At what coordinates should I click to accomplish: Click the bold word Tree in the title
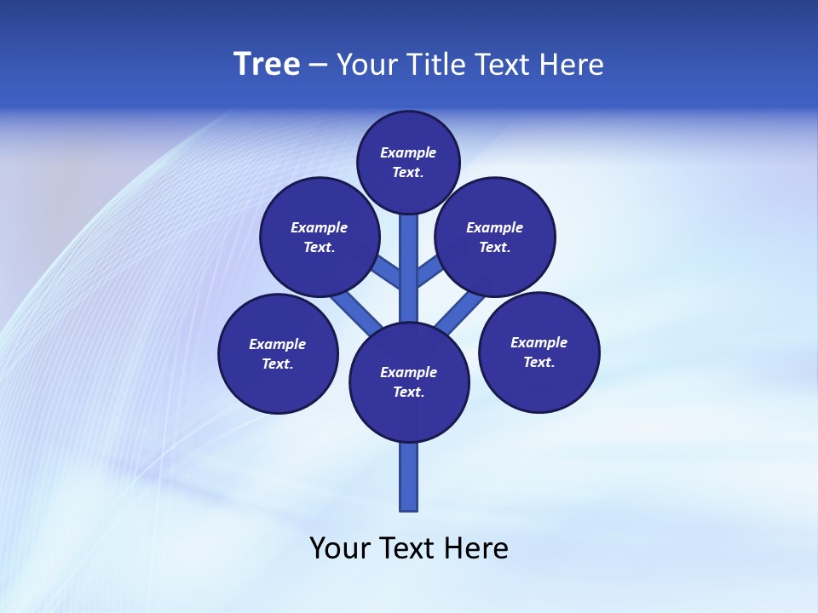tap(267, 65)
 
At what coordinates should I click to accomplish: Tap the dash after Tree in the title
tap(319, 66)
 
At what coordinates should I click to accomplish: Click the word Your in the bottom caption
tap(341, 547)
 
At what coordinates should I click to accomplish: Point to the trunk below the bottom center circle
tap(409, 477)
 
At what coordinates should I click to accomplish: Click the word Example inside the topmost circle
tap(408, 152)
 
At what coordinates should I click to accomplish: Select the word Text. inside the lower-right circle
tap(539, 362)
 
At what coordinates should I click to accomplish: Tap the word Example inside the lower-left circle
tap(278, 344)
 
